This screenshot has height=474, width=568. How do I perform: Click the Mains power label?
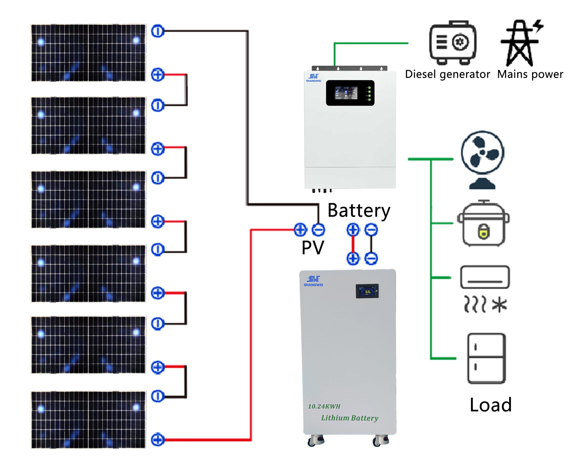(x=530, y=74)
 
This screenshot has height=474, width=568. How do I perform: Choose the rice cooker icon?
(x=483, y=223)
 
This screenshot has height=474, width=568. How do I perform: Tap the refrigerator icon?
(x=486, y=358)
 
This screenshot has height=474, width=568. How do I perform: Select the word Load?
(x=491, y=405)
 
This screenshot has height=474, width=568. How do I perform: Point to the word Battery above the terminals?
(x=359, y=210)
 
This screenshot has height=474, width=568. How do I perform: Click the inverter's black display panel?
(x=350, y=93)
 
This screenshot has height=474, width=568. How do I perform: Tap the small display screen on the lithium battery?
(x=367, y=291)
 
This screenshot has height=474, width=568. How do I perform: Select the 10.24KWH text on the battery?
(x=324, y=406)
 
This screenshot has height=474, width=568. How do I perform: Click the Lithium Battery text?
(x=349, y=418)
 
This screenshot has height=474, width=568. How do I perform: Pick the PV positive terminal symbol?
(x=300, y=230)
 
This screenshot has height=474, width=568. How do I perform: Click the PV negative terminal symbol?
(x=318, y=230)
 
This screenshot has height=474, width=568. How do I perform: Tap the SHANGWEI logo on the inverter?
(x=313, y=78)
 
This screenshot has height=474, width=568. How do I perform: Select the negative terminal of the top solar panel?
(x=157, y=31)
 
